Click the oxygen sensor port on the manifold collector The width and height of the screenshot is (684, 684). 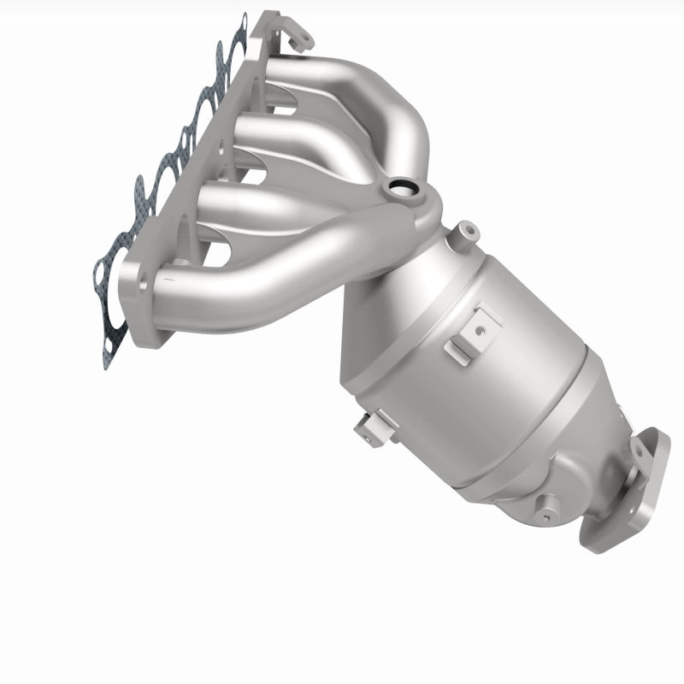pyautogui.click(x=399, y=186)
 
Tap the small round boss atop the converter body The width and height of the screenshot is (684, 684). pyautogui.click(x=466, y=229)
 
